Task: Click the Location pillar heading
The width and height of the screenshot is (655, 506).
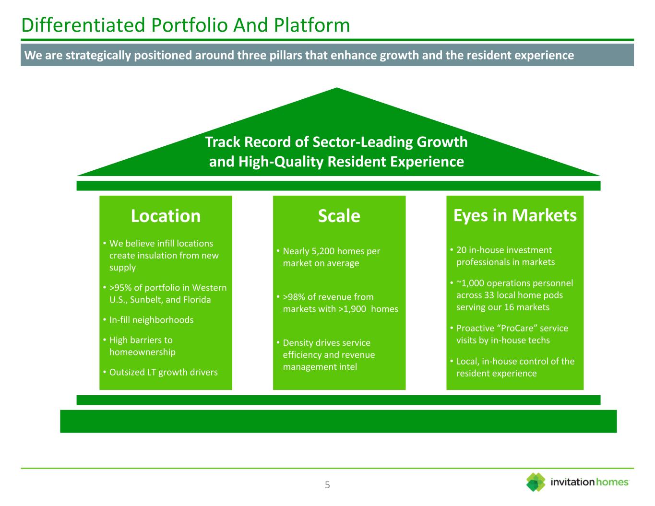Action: pos(166,216)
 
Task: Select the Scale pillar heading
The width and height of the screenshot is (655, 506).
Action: pos(339,216)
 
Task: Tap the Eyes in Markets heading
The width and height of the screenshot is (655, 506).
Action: pos(515,215)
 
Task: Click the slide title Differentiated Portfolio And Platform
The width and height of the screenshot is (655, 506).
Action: pos(186,25)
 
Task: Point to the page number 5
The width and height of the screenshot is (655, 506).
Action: pos(327,485)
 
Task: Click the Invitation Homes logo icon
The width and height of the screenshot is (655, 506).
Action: pos(536,482)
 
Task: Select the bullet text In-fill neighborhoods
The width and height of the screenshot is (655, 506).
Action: pos(151,320)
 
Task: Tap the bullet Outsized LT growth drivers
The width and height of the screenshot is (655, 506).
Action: pos(163,372)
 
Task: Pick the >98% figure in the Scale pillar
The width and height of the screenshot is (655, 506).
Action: pos(294,297)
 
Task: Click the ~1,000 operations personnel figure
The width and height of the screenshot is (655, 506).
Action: pos(469,283)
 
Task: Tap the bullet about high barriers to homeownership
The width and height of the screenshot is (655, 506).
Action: pos(142,346)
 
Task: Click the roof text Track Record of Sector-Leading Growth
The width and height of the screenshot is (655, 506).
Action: pos(336,142)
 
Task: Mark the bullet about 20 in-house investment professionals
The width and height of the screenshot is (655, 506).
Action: pos(504,256)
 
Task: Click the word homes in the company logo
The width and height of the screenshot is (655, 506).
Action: pos(612,482)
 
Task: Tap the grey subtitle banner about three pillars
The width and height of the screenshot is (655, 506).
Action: pos(327,55)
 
